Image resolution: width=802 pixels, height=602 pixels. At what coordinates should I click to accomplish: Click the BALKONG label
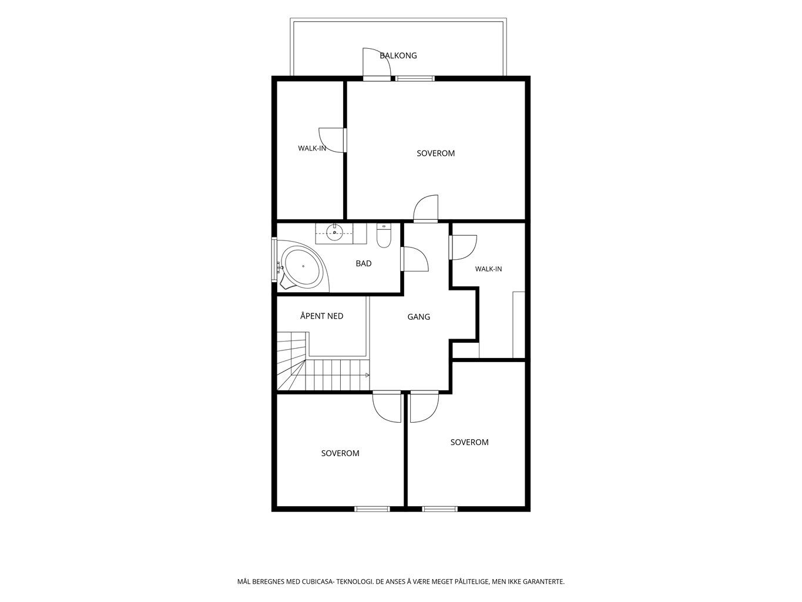point(398,56)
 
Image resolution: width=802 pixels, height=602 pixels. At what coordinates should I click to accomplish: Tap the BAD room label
point(364,263)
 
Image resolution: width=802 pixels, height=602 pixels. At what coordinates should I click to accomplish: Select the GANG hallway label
point(419,316)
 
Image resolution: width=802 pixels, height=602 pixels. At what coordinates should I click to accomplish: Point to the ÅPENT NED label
point(321,316)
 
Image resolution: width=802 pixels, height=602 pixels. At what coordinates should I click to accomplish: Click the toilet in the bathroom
point(384,235)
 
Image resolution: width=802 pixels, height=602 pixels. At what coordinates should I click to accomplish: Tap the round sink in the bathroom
point(334,232)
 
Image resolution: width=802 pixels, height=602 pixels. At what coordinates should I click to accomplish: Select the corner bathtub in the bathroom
point(303,266)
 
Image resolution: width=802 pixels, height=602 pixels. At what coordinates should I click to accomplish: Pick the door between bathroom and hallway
point(414,259)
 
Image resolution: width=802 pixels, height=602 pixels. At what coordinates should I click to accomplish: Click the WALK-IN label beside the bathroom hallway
point(488,269)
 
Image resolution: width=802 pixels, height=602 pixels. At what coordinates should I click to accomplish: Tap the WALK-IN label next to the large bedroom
point(311,148)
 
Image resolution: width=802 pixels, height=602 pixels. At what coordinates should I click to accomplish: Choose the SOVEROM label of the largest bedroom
point(435,153)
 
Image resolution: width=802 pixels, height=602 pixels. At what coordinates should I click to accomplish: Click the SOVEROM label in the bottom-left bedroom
point(340,453)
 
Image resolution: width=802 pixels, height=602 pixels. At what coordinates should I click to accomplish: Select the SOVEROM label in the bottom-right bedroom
point(469,442)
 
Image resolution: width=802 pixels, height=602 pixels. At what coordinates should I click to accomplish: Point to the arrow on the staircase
point(367,375)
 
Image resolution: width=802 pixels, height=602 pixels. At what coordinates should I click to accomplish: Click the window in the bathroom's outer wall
point(274,259)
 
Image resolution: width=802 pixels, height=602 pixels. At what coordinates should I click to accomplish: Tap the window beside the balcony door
point(415,78)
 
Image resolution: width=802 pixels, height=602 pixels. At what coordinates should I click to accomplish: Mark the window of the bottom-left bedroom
point(373,509)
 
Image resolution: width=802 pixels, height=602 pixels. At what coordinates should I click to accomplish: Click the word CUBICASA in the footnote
point(317,581)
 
